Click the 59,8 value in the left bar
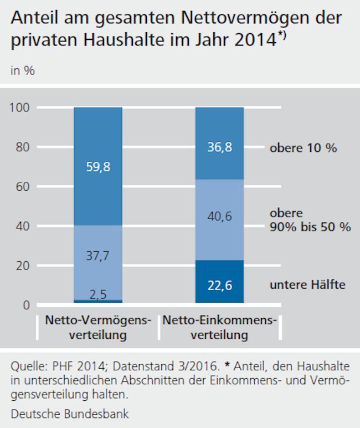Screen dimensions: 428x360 (98, 166)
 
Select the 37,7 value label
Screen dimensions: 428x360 (98, 257)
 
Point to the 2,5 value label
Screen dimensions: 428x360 (98, 294)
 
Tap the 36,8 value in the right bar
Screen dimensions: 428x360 (220, 148)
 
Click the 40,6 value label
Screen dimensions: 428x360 (220, 217)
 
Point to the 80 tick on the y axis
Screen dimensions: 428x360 (22, 147)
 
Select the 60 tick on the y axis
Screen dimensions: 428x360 (22, 187)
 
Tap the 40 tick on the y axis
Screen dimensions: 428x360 (22, 226)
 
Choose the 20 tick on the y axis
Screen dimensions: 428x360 (22, 266)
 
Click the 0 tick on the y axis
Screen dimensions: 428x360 (25, 305)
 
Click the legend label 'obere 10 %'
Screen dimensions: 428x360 (303, 149)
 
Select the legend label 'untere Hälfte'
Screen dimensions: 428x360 (307, 285)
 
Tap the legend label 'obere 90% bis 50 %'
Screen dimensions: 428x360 (310, 221)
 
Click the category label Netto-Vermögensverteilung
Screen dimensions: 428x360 (98, 328)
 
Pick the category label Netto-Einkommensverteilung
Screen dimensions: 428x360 (220, 328)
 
